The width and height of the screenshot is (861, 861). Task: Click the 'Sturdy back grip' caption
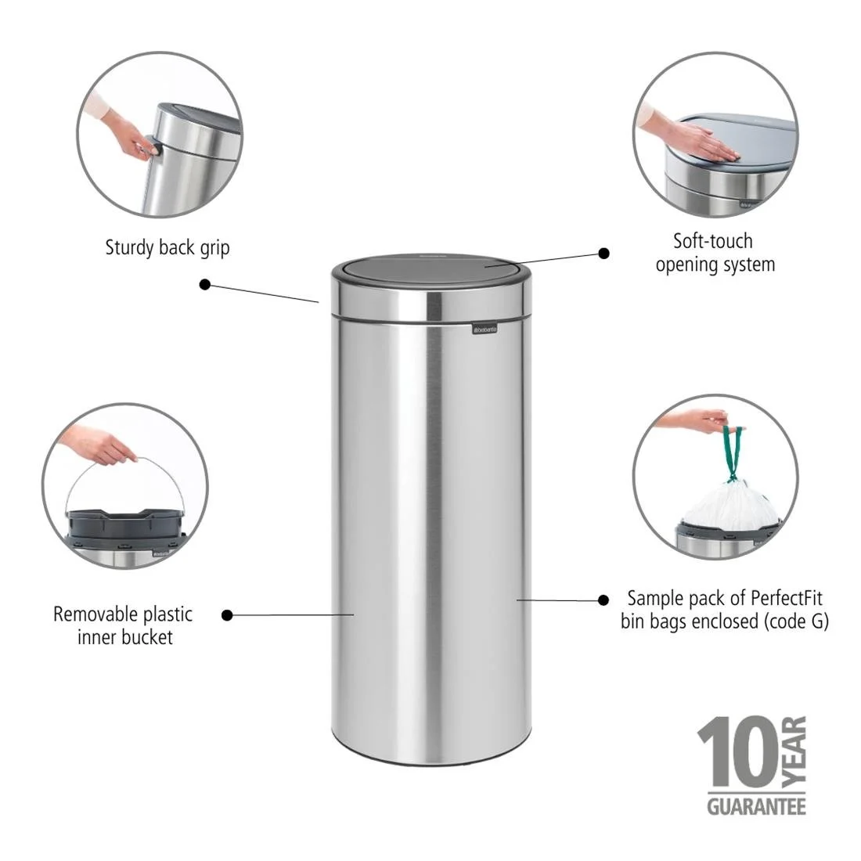(168, 248)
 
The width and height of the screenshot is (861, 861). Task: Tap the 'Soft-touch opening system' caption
(715, 252)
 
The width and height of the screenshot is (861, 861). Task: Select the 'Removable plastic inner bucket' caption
(123, 625)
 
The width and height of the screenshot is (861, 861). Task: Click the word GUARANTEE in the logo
(756, 805)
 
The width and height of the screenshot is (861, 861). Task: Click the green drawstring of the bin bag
(732, 452)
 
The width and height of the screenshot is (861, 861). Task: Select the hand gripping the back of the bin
(129, 133)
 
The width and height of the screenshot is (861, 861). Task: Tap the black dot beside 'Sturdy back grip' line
(205, 284)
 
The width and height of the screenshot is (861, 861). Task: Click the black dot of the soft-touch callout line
(603, 253)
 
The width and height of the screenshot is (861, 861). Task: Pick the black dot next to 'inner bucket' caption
(227, 615)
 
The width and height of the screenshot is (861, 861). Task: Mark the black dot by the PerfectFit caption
(603, 600)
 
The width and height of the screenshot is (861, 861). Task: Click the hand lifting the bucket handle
(98, 446)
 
